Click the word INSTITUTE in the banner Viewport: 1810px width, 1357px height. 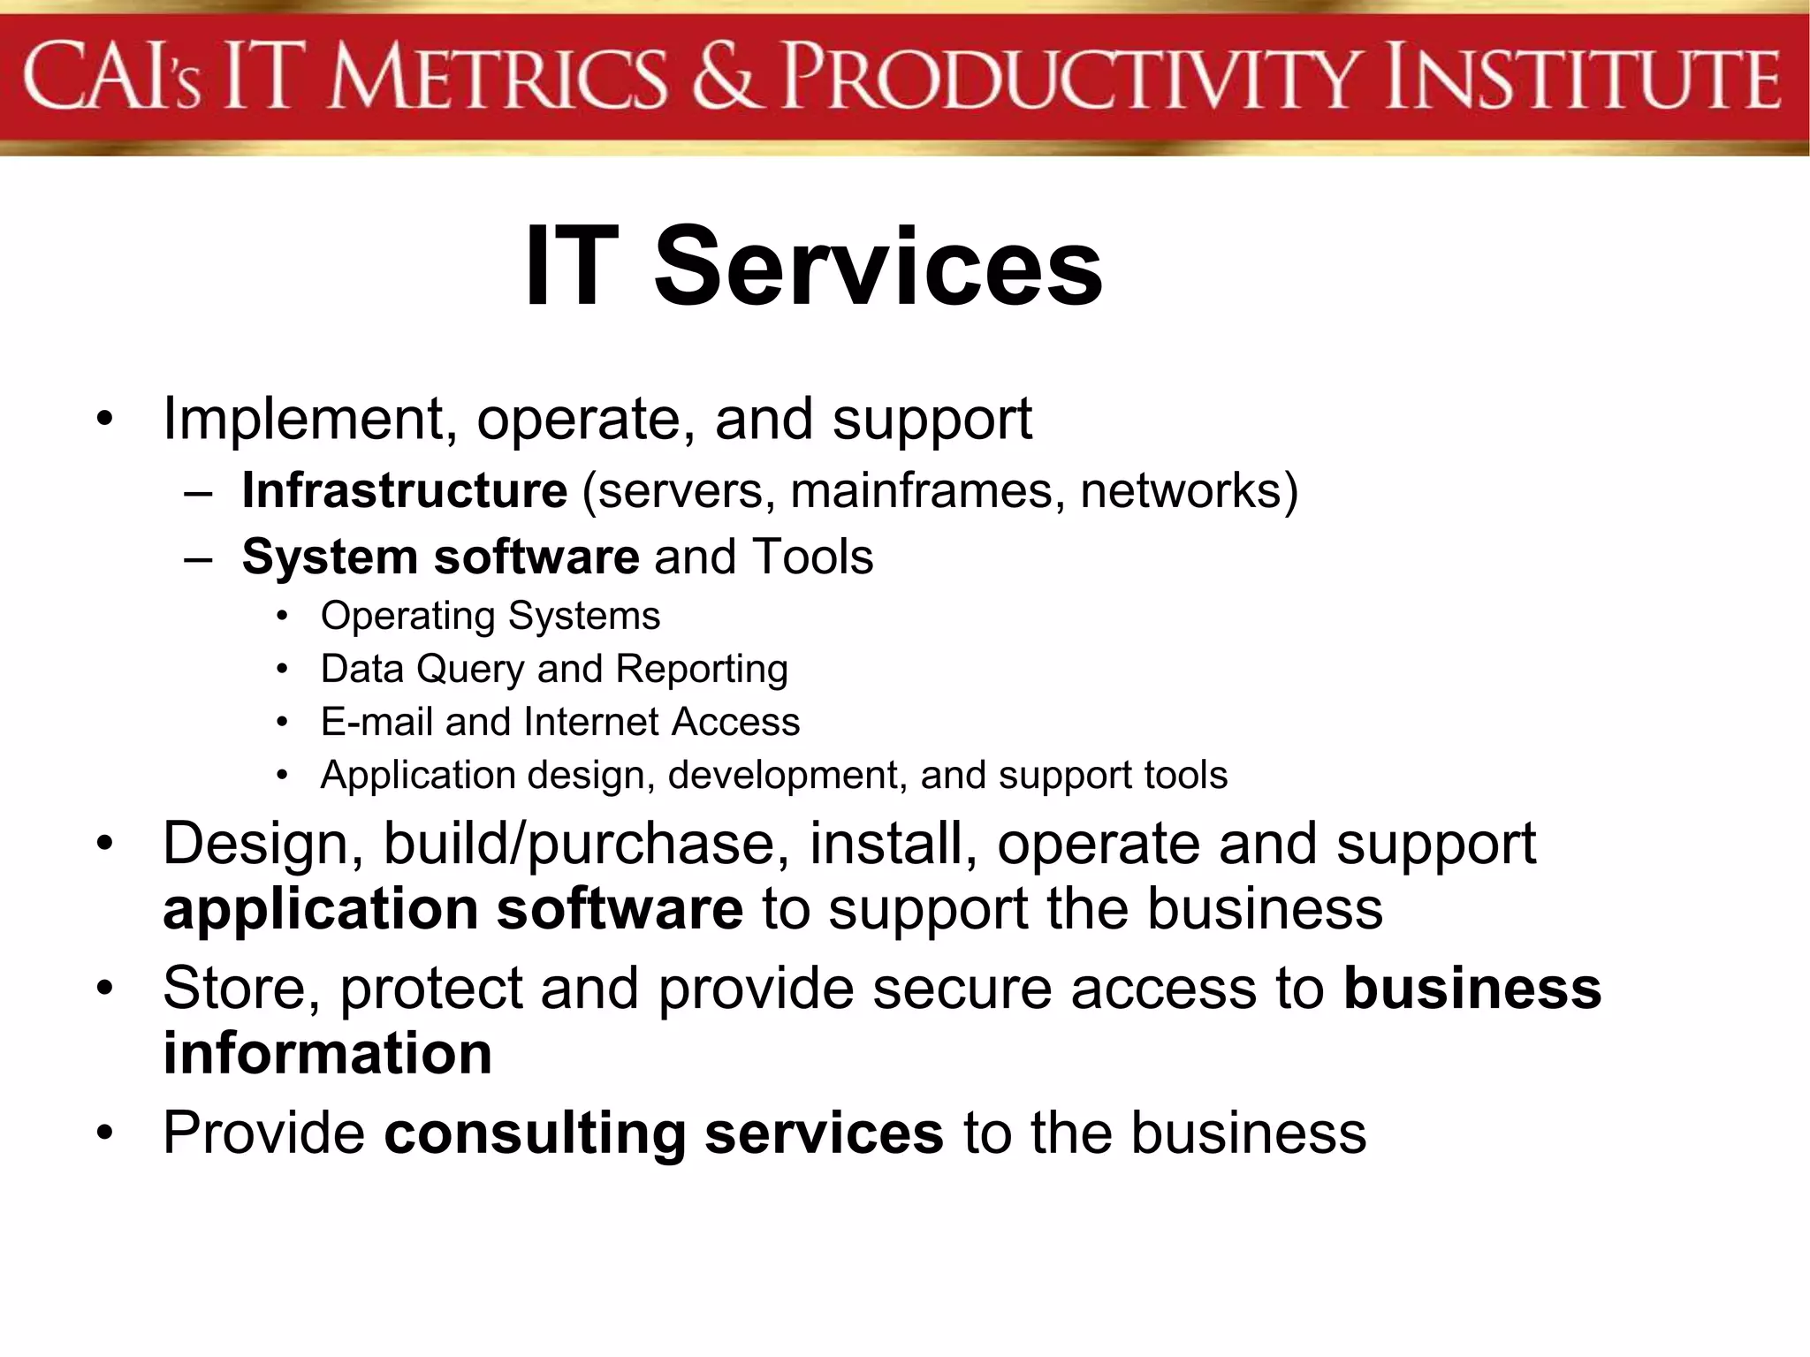(1582, 78)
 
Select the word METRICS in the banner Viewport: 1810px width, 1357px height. (498, 78)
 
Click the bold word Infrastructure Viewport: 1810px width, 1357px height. (404, 490)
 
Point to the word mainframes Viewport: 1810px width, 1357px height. (928, 490)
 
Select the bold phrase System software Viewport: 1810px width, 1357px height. (440, 557)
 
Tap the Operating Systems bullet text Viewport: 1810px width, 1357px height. (491, 616)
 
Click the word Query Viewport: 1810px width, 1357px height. (470, 670)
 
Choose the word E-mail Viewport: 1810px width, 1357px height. (377, 722)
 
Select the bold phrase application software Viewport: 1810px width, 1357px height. (452, 910)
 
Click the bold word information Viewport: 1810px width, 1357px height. (327, 1053)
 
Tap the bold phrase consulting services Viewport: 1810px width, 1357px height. (663, 1133)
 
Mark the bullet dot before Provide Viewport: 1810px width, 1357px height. (105, 1133)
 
